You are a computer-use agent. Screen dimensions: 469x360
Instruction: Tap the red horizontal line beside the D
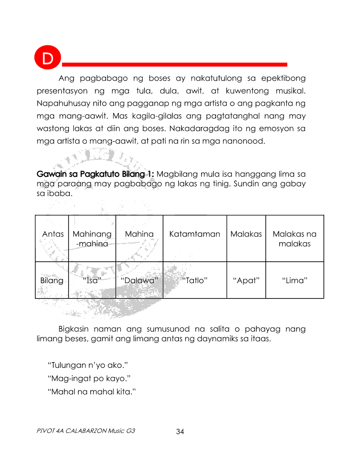[x=175, y=65]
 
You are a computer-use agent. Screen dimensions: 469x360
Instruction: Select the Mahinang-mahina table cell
[x=92, y=239]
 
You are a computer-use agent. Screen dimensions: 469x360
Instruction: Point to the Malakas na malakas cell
[x=295, y=239]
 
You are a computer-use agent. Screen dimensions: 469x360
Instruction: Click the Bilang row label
[x=52, y=281]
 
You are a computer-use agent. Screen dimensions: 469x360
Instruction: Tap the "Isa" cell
[x=92, y=281]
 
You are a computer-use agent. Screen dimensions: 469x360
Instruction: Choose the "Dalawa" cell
[x=139, y=281]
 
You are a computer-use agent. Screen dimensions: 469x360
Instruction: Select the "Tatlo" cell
[x=195, y=281]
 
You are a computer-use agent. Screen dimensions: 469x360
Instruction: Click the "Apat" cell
[x=246, y=281]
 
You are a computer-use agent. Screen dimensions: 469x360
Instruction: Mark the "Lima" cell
[x=295, y=281]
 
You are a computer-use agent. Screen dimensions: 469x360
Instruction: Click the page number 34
[x=180, y=432]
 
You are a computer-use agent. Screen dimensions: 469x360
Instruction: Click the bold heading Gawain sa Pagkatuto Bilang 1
[x=95, y=174]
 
